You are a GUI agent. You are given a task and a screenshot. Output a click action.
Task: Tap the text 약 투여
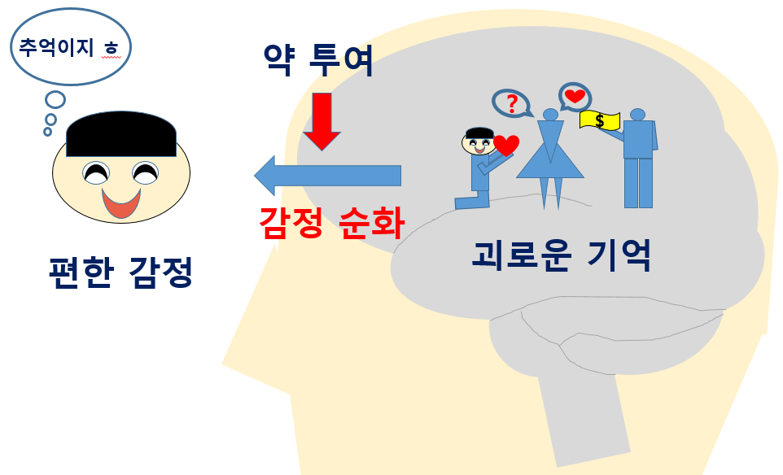click(x=318, y=61)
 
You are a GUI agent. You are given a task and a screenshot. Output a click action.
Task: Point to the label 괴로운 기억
click(x=562, y=255)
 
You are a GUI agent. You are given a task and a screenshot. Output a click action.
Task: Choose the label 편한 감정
click(x=120, y=272)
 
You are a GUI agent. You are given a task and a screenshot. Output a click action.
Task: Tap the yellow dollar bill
click(x=600, y=120)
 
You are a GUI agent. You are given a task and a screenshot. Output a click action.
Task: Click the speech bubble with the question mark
click(x=511, y=103)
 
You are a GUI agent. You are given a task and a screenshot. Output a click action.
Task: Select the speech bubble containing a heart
click(x=575, y=96)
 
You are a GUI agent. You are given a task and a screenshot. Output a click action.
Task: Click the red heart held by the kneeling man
click(x=506, y=146)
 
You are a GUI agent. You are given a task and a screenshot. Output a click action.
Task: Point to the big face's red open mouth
click(x=121, y=203)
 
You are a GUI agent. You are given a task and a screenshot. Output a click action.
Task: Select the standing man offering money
click(x=639, y=159)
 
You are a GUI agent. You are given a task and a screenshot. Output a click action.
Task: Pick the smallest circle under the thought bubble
click(x=48, y=131)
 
